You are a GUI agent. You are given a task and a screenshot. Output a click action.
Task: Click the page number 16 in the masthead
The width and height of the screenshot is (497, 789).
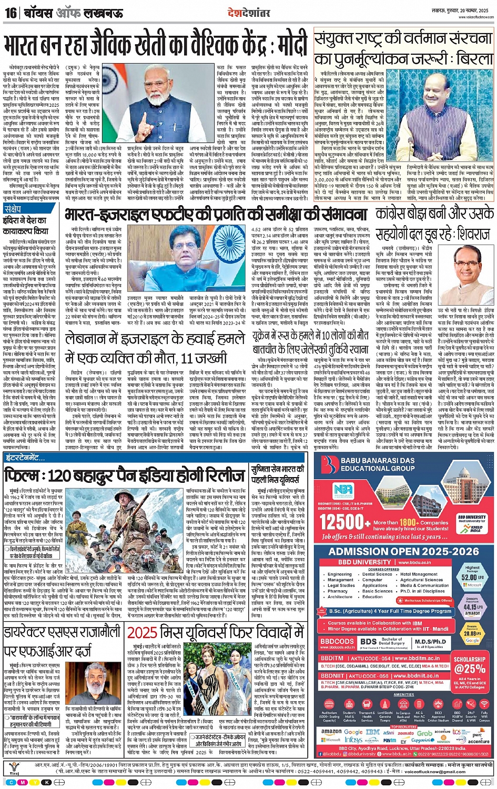coord(10,13)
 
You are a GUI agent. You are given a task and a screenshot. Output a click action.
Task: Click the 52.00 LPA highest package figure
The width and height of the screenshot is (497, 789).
coord(472,577)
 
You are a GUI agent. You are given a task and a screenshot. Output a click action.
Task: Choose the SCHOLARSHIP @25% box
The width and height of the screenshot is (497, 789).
coord(469,665)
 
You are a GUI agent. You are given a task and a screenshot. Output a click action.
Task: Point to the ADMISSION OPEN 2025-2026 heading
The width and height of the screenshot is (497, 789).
coord(403,551)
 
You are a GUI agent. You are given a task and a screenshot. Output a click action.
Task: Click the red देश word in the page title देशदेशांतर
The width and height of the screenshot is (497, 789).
coord(234,12)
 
